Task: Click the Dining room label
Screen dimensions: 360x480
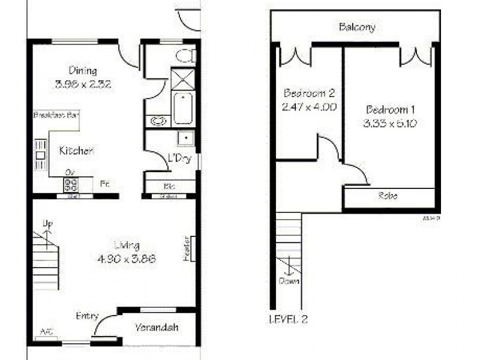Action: coord(83,71)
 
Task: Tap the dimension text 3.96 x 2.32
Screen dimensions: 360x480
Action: coord(83,84)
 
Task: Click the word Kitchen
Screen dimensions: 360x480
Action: coord(76,151)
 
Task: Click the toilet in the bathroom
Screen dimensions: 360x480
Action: coord(185,56)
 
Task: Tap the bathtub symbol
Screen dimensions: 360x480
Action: coord(182,108)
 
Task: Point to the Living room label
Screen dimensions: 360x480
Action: coord(127,245)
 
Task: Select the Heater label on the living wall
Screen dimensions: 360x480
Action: coord(187,248)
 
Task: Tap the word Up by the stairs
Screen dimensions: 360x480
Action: coord(47,224)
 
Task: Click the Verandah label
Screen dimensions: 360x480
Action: coord(158,328)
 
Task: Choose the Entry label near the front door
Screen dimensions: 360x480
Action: coord(87,316)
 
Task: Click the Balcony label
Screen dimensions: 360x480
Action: coord(357,27)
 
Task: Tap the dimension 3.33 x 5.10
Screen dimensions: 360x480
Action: coord(390,124)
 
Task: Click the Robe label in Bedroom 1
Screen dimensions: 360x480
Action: coord(388,196)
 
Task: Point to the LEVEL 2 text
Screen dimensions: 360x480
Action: coord(289,320)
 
